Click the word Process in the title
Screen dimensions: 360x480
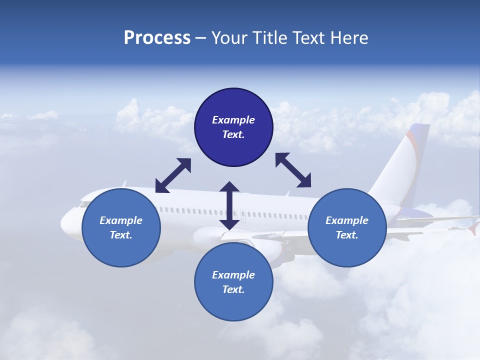pos(157,38)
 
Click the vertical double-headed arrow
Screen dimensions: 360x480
pos(229,205)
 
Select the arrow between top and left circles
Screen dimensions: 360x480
pos(173,175)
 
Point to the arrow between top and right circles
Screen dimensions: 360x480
pos(293,170)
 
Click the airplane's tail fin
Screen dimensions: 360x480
pos(407,160)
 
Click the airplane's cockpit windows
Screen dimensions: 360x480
pos(79,204)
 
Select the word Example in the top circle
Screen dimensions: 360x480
pos(233,120)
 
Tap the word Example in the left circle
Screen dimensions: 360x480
pos(121,220)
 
